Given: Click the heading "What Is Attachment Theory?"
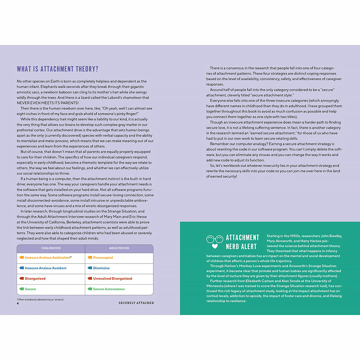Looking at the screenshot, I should (x=58, y=69).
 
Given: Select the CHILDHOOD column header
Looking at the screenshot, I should (x=51, y=248).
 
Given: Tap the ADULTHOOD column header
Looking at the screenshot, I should (x=119, y=248).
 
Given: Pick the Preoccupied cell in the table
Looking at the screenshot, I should (x=103, y=258).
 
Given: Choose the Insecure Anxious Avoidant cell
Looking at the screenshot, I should (x=45, y=268).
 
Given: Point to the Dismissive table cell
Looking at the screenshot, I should (x=101, y=268).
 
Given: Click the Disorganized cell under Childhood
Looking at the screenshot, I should (x=35, y=279).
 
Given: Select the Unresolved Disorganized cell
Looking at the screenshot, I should (x=112, y=279).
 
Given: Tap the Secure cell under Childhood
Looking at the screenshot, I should (x=30, y=289).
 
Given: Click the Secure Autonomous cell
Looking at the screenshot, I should (x=109, y=289).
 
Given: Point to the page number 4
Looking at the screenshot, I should (x=18, y=303).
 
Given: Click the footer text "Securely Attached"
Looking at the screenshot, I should (x=136, y=303).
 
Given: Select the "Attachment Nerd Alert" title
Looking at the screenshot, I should (x=242, y=242).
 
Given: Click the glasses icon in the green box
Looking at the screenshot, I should (x=215, y=239).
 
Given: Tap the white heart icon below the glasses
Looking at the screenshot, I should (x=215, y=247).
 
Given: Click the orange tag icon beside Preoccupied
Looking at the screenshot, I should (x=90, y=258).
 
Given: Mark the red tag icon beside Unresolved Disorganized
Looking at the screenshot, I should (x=90, y=279).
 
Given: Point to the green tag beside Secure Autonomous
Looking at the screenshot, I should (x=90, y=289).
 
